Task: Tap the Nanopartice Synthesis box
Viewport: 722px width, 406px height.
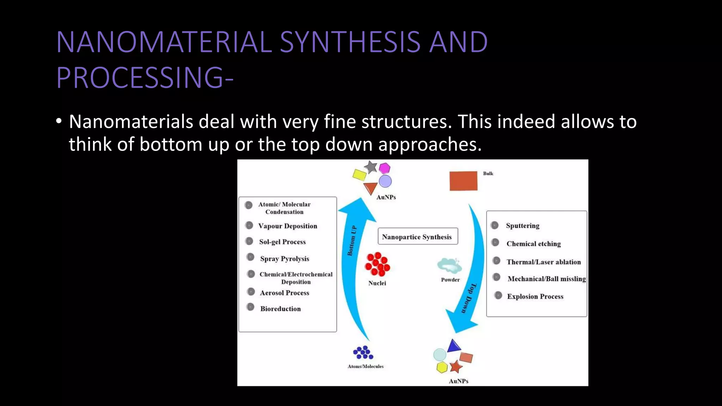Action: [x=417, y=236]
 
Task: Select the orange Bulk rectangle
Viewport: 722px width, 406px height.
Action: [x=463, y=181]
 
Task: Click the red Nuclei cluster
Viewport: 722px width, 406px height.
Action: [x=377, y=264]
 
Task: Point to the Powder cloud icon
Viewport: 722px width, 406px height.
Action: [x=449, y=266]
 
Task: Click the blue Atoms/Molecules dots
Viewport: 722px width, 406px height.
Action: [x=363, y=352]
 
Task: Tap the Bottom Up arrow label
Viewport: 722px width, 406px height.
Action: [x=352, y=240]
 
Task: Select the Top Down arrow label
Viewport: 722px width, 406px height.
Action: [x=469, y=298]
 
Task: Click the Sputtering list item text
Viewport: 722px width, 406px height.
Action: [x=522, y=226]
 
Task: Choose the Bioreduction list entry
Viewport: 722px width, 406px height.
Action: [x=280, y=309]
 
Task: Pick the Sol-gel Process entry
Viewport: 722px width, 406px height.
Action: [x=282, y=242]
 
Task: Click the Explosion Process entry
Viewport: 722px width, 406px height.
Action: [x=535, y=296]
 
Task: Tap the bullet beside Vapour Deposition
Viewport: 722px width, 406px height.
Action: [x=249, y=225]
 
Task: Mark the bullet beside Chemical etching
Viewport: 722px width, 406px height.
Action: [x=495, y=242]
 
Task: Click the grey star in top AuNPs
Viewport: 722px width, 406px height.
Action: [x=371, y=167]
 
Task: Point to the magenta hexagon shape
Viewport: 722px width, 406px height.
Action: [x=384, y=168]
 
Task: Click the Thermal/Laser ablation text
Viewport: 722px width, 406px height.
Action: [x=543, y=262]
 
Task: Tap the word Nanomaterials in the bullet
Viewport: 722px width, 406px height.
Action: [x=131, y=122]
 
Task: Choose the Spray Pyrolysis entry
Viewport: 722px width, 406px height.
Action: [x=284, y=259]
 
